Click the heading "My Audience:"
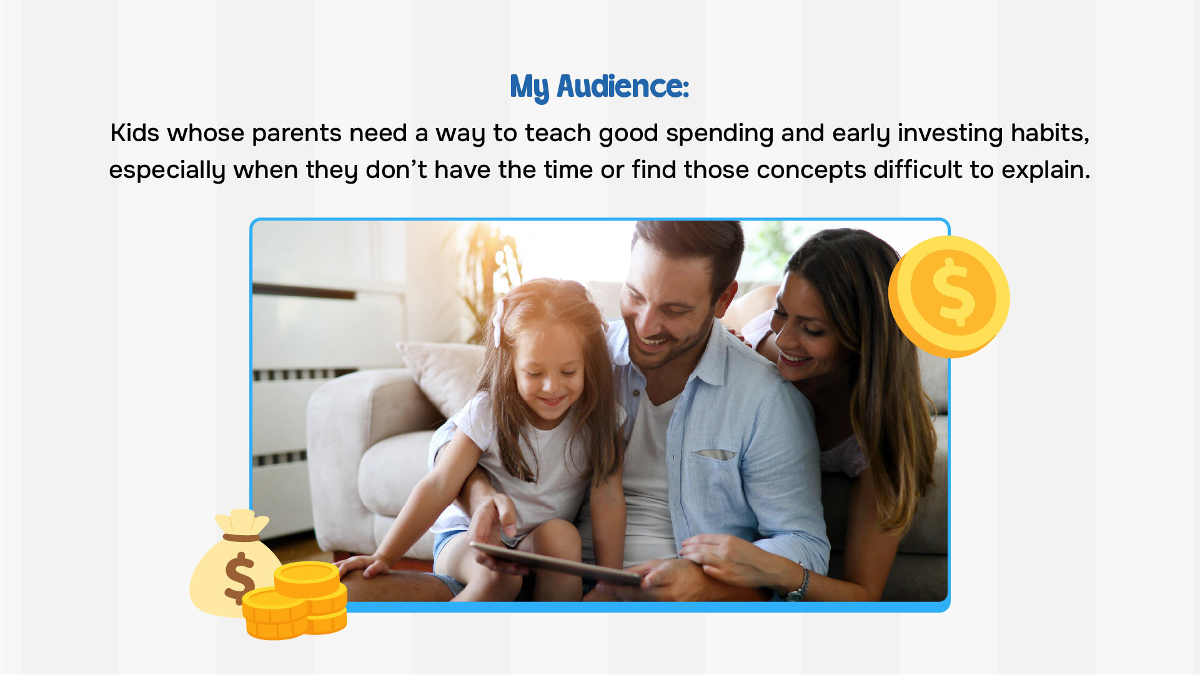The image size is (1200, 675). pos(599,87)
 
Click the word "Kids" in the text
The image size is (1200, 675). pos(134,133)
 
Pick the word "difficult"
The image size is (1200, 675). pos(918,170)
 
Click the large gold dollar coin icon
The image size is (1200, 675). pos(949,297)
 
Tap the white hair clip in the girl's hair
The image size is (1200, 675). pos(498,322)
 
